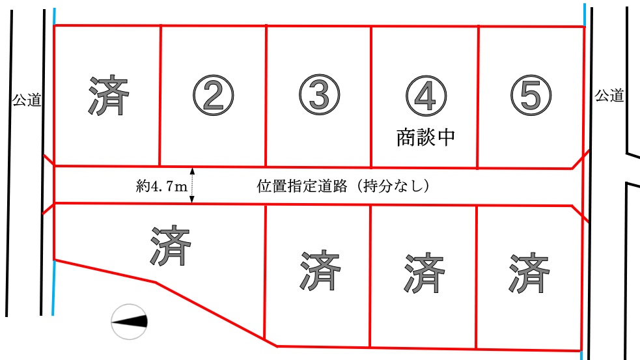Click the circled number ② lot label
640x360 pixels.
click(214, 96)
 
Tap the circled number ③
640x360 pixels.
click(319, 95)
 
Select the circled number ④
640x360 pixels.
click(426, 96)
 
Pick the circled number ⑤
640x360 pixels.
click(531, 95)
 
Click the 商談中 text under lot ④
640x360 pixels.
click(426, 137)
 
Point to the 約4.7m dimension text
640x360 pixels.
click(161, 187)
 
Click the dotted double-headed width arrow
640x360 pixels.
click(192, 185)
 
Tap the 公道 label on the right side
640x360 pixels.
click(609, 96)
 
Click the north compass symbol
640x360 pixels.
click(130, 322)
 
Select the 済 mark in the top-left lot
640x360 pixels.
click(109, 95)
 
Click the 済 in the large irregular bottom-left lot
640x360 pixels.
click(171, 245)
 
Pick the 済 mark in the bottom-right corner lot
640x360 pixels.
click(529, 273)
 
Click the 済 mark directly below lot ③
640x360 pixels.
click(320, 270)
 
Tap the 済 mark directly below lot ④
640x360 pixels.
click(424, 273)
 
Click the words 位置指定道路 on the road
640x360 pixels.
click(302, 186)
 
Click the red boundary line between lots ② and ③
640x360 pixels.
click(266, 96)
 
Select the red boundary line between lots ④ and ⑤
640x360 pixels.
click(477, 97)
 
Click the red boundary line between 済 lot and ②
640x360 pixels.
click(160, 95)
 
